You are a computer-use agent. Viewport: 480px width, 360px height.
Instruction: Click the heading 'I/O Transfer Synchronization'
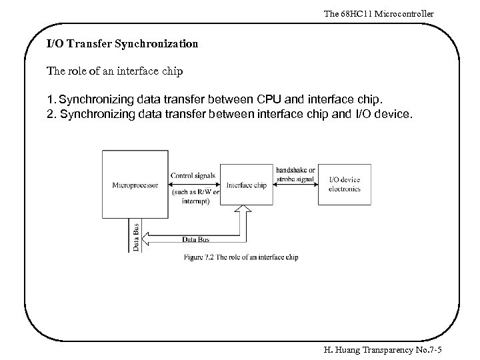pyautogui.click(x=122, y=45)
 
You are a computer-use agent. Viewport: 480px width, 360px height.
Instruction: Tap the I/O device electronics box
pyautogui.click(x=344, y=185)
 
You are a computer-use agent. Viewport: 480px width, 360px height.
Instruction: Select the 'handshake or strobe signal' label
pyautogui.click(x=297, y=175)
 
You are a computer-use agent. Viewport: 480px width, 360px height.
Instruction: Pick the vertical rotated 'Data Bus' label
pyautogui.click(x=136, y=237)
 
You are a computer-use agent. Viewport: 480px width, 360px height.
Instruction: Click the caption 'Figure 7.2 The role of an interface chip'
pyautogui.click(x=241, y=257)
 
